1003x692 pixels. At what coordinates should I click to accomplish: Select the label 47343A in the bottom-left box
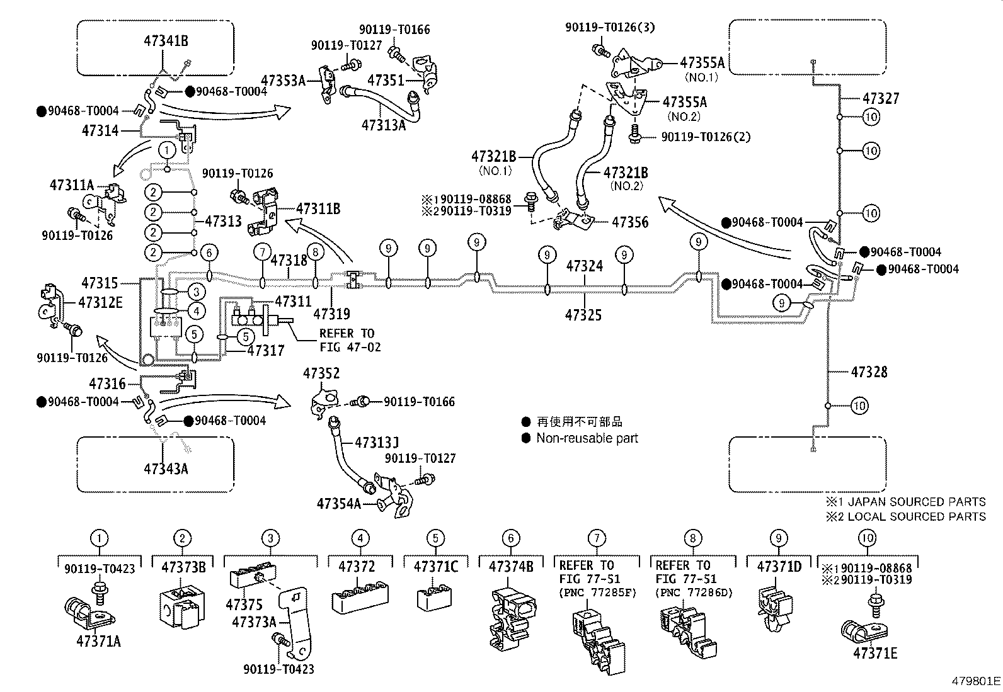click(166, 468)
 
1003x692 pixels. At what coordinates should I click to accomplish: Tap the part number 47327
click(881, 99)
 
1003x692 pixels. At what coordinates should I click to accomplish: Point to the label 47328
click(869, 372)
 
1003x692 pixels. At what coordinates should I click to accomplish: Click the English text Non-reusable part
click(587, 438)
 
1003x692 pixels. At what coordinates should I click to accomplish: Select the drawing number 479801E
click(976, 681)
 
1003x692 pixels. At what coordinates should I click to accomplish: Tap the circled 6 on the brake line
click(210, 253)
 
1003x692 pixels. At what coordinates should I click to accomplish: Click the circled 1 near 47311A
click(166, 150)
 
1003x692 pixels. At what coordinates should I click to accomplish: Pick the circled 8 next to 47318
click(316, 252)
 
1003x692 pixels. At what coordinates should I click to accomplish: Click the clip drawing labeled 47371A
click(88, 615)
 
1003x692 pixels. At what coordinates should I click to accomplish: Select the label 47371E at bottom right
click(875, 653)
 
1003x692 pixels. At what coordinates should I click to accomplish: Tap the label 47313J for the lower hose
click(377, 443)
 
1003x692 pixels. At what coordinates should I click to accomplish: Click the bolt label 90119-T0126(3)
click(601, 27)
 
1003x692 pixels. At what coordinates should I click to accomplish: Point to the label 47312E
click(100, 302)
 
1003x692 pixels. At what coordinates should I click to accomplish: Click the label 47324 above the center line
click(584, 266)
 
